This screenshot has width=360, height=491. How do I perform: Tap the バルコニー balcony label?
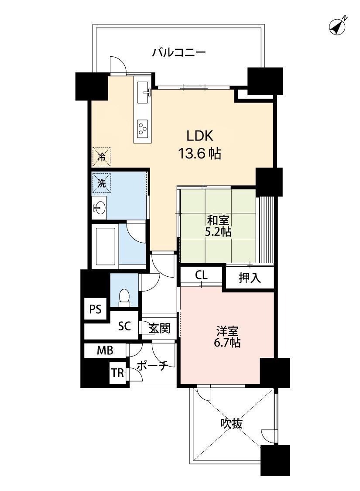[x=179, y=52]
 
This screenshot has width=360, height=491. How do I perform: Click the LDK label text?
[x=200, y=137]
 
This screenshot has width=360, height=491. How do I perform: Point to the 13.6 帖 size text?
[x=200, y=154]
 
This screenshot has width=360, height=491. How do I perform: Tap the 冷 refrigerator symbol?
[x=101, y=156]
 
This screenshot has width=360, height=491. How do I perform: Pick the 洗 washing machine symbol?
[x=101, y=182]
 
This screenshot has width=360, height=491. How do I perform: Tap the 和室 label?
[x=218, y=220]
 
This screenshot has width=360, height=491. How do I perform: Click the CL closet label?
[x=201, y=275]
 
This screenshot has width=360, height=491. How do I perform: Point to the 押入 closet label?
[x=250, y=278]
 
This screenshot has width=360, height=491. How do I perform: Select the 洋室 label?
[x=227, y=331]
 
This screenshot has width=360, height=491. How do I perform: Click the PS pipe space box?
[x=96, y=309]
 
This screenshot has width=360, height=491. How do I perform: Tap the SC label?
[x=124, y=326]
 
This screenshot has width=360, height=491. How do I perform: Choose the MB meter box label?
[x=105, y=350]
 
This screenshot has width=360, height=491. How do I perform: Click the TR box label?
[x=118, y=373]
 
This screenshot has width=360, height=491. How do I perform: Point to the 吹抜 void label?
[x=232, y=424]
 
